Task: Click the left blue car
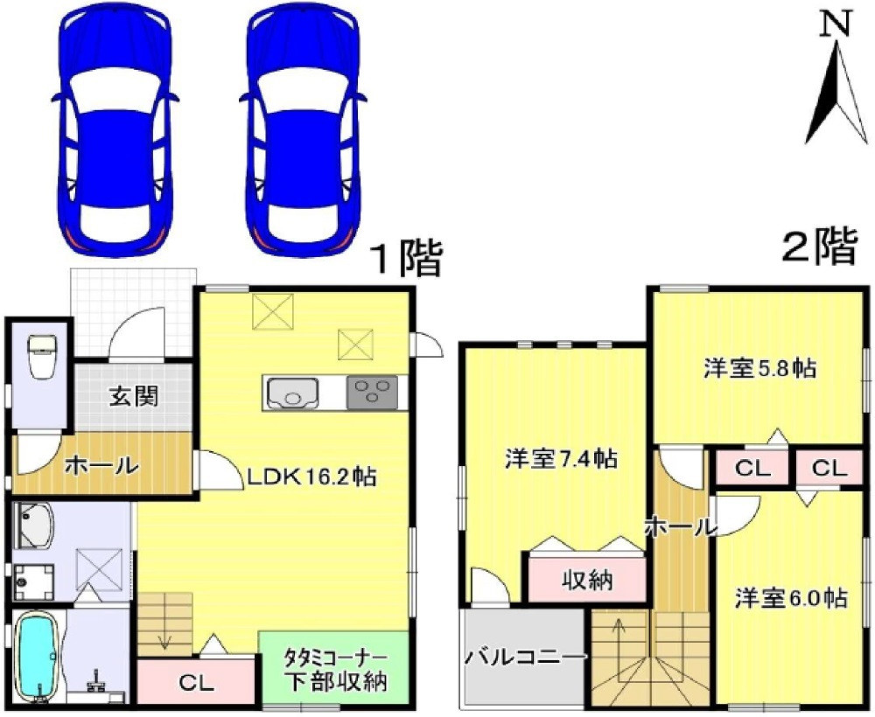(115, 131)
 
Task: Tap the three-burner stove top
(372, 393)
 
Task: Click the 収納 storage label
(586, 580)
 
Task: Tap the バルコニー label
(524, 656)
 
